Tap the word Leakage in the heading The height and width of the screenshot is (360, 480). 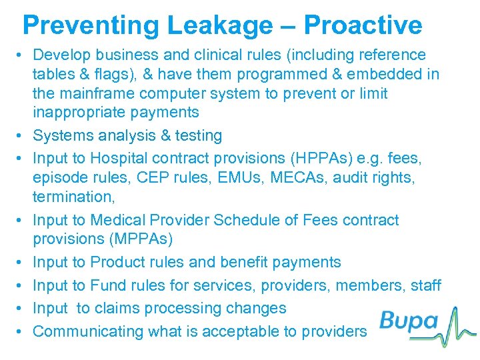pyautogui.click(x=217, y=25)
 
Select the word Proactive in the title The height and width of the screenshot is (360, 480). pyautogui.click(x=363, y=25)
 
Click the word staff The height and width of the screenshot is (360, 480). pyautogui.click(x=425, y=285)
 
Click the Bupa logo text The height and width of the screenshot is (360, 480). pyautogui.click(x=408, y=322)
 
